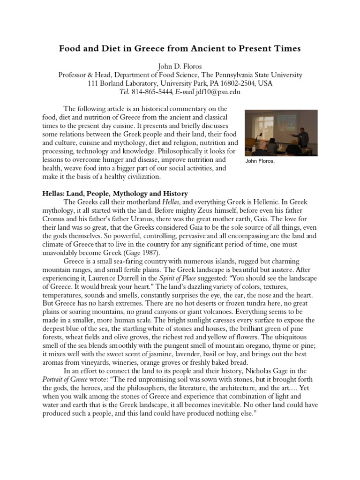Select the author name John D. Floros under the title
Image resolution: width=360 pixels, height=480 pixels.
pos(180,66)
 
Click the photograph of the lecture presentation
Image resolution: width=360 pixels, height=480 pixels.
pos(281,133)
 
